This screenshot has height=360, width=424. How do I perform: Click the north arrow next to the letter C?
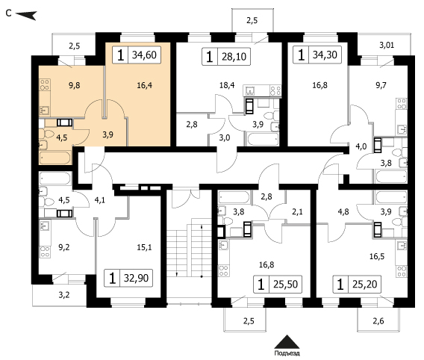pos(26,15)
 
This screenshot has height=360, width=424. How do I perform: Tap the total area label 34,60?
pos(144,55)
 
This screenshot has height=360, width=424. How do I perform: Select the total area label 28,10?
pos(234,57)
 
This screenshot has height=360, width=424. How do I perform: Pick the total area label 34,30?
pos(325,55)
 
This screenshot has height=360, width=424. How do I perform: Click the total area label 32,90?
pos(136,278)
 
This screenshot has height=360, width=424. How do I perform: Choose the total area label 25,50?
pos(285,285)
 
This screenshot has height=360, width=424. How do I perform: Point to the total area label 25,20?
pos(365,285)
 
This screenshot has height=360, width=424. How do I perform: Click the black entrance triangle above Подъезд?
pos(287,342)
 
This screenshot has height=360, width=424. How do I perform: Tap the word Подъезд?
pos(287,353)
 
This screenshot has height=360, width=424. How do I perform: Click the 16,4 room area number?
pos(144,85)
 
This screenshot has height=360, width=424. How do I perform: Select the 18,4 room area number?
pos(227,85)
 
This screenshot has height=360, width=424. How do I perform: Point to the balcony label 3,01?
pos(387,45)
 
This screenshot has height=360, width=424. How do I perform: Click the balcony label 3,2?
pos(64,294)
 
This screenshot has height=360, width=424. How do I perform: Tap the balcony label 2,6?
pos(378,321)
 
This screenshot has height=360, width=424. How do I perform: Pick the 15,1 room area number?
pos(144,247)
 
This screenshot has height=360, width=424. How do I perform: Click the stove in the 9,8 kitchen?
pos(45,84)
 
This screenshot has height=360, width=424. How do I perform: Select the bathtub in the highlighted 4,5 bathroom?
pos(55,158)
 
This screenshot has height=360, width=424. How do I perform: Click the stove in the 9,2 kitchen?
pos(45,252)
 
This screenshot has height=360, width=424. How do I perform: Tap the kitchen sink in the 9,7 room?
pos(402,130)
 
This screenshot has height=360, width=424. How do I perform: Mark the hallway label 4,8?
pos(343,211)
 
